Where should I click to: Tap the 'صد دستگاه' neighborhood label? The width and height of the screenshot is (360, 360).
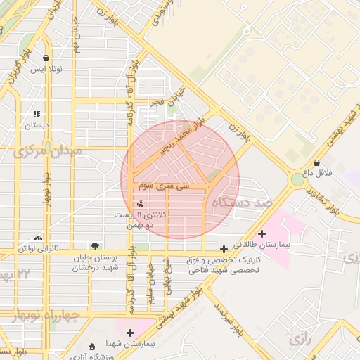click(245, 202)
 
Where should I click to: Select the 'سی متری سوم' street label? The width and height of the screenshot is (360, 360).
click(163, 187)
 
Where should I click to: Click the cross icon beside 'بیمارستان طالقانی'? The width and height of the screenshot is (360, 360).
click(262, 233)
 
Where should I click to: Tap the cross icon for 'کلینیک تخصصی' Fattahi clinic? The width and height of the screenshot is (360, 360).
click(224, 249)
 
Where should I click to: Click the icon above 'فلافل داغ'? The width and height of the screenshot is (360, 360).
click(317, 162)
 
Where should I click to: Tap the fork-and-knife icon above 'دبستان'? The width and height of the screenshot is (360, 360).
click(37, 114)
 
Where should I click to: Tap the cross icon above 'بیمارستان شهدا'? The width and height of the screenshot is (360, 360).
click(130, 333)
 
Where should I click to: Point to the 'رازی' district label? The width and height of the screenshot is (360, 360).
click(300, 340)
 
